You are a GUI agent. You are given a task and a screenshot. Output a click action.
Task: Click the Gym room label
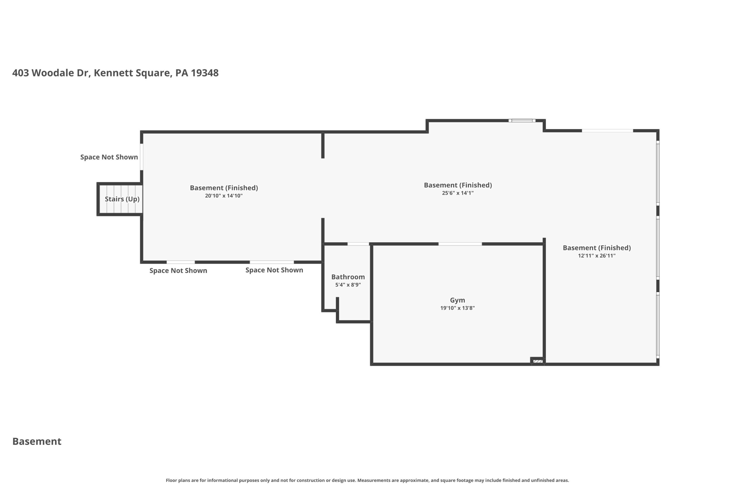457,300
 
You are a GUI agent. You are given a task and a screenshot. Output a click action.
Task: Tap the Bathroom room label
348,277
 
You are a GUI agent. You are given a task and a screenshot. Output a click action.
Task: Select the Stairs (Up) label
122,199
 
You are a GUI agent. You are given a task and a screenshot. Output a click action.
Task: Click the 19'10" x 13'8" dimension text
457,308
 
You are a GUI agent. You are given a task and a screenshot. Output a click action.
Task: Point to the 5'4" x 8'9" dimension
348,285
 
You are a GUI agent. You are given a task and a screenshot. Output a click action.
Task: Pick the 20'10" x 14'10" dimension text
224,195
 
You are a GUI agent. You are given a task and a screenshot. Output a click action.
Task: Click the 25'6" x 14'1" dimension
457,193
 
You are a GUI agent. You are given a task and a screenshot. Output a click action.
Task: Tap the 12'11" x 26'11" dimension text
597,256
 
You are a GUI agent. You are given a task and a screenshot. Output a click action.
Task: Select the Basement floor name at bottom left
37,441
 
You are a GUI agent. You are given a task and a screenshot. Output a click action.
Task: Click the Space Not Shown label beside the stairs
109,157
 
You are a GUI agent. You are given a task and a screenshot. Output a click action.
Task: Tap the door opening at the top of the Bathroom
358,244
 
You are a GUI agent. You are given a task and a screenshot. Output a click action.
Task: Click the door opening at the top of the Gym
460,244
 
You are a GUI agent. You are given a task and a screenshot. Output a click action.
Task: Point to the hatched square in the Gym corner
537,361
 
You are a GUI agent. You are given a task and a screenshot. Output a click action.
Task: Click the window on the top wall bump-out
522,121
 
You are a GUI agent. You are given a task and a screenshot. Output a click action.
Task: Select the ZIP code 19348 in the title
205,73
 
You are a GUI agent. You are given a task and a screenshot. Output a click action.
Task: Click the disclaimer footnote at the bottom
367,480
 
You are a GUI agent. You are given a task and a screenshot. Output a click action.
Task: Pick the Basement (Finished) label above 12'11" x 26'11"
597,248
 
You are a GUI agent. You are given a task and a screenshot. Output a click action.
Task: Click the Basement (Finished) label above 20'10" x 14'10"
224,188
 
